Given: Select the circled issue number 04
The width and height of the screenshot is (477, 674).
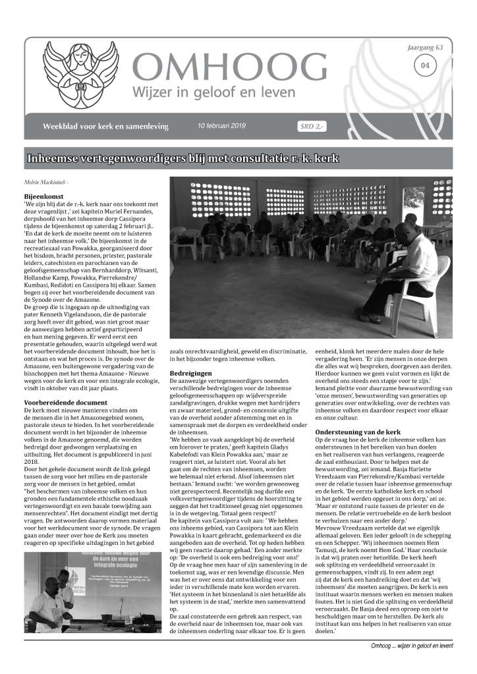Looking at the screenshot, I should point(425,65).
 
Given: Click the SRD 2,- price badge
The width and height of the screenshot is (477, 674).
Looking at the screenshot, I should point(310,126).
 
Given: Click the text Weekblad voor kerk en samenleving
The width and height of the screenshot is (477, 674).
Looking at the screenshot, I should point(109,125).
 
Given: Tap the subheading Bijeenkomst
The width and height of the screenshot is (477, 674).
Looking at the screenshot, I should point(43,196).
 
